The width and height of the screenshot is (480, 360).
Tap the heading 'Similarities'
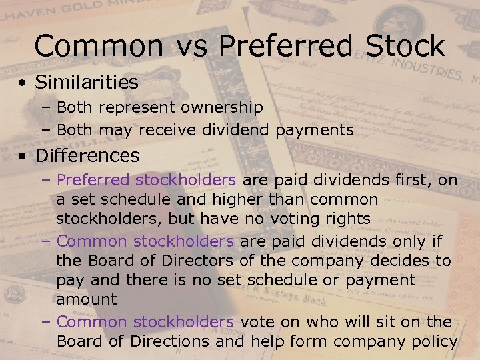pyautogui.click(x=87, y=83)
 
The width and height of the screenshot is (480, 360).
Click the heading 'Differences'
pyautogui.click(x=87, y=156)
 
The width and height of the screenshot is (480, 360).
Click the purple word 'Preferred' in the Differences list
pyautogui.click(x=94, y=180)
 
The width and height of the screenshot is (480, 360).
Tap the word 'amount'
pyautogui.click(x=86, y=299)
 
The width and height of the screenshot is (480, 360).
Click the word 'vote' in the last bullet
pyautogui.click(x=257, y=322)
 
